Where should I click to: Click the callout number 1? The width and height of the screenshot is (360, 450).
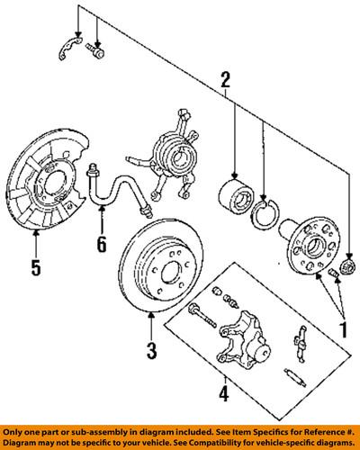click(343, 329)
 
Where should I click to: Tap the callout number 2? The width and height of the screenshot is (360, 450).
click(225, 77)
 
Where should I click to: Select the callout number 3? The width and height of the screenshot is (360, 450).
click(151, 350)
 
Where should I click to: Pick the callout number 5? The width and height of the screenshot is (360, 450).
click(36, 267)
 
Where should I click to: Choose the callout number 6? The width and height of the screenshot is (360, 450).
click(102, 244)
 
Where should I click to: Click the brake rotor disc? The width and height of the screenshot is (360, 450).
click(161, 265)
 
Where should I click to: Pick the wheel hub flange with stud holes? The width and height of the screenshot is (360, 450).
click(309, 247)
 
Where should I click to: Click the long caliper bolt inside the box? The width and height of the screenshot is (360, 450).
click(202, 316)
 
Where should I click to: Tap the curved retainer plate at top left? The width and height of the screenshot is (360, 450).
click(70, 48)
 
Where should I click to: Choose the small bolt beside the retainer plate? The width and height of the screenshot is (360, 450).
click(95, 50)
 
